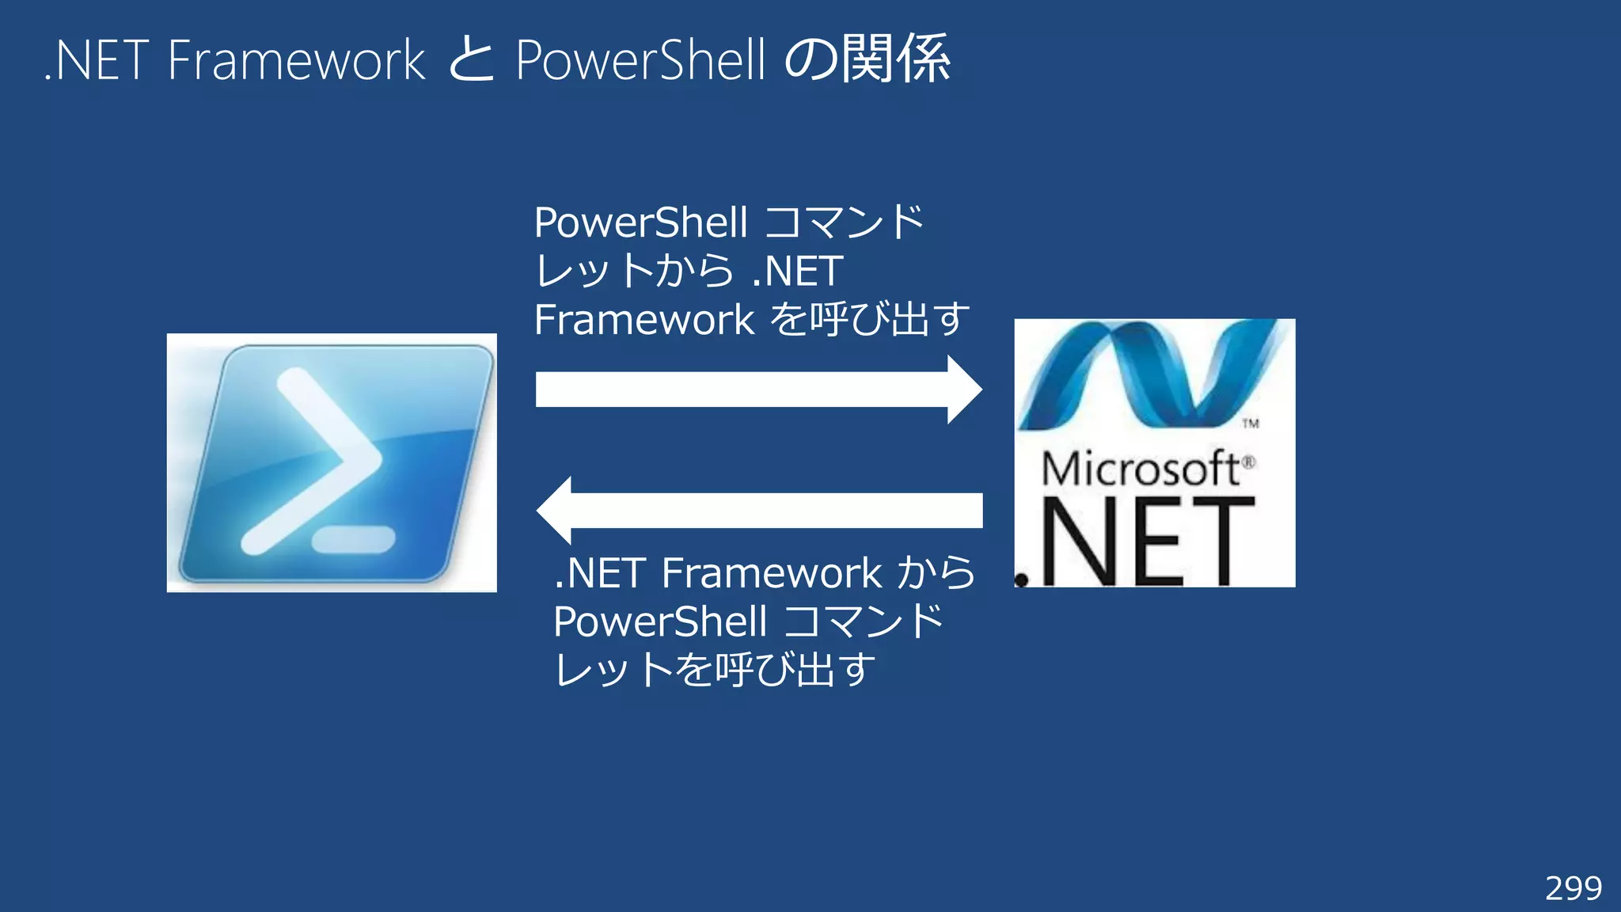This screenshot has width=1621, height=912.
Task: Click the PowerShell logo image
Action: (332, 462)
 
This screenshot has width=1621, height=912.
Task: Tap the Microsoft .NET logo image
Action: (1154, 453)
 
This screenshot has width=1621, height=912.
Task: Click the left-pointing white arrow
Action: (760, 511)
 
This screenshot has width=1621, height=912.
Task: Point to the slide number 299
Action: (1573, 888)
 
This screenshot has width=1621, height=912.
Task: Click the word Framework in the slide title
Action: (297, 60)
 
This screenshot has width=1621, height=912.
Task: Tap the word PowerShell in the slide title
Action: (640, 60)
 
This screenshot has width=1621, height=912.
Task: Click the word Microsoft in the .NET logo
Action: (1140, 469)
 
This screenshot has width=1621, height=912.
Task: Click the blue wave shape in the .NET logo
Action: (1148, 372)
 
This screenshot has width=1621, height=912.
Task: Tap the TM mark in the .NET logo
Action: (1251, 424)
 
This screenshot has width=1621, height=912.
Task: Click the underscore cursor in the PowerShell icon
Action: (353, 540)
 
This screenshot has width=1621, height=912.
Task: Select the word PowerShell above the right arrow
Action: (640, 222)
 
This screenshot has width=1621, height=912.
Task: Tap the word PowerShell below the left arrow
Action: (659, 621)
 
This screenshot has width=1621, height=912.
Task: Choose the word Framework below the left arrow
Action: (771, 573)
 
